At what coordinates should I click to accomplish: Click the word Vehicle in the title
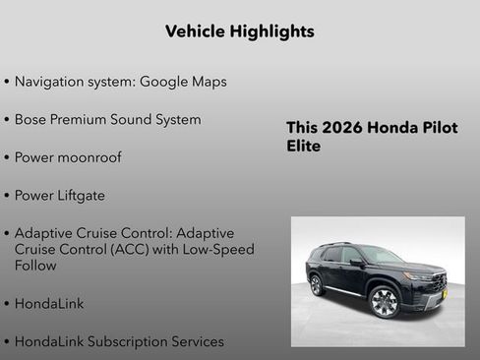point(195,31)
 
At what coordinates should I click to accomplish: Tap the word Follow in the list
point(37,265)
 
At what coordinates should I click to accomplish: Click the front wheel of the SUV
point(384,302)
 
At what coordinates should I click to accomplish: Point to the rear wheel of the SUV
point(317,285)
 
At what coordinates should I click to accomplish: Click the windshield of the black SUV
point(381,256)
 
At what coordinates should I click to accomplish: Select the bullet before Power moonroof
point(7,157)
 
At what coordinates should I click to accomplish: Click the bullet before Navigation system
point(7,82)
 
